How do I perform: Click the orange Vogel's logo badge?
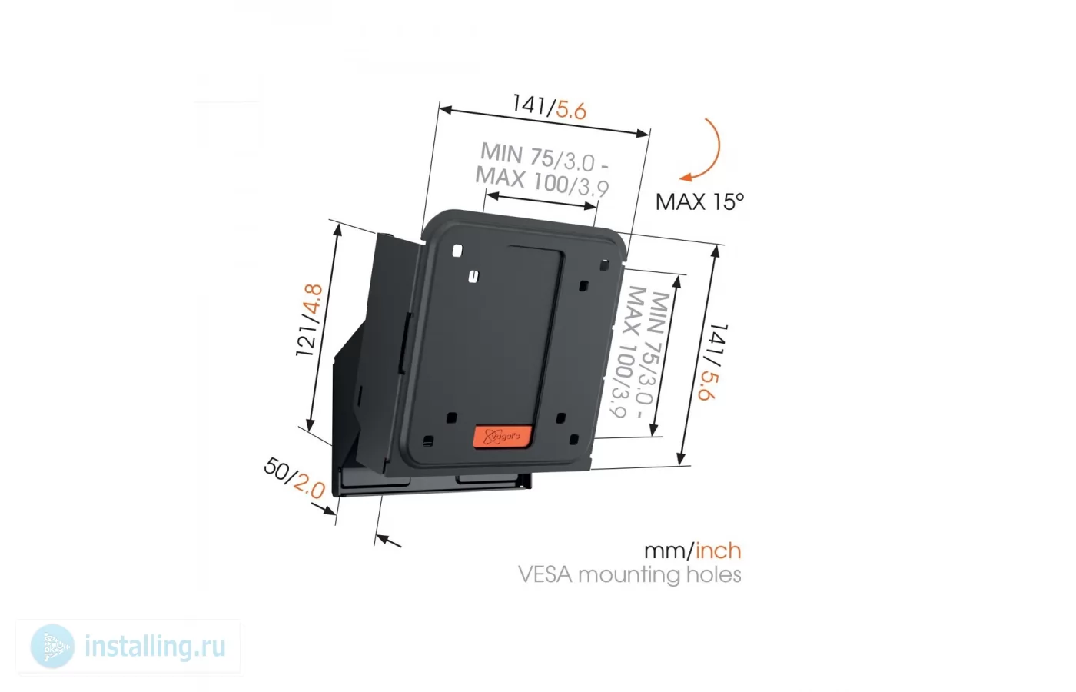(x=503, y=437)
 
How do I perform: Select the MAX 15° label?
(x=700, y=201)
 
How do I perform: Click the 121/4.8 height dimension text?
(x=309, y=321)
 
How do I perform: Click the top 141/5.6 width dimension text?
(x=550, y=107)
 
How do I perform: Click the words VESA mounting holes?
(x=629, y=575)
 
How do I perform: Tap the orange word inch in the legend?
(x=719, y=551)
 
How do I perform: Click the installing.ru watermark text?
(x=155, y=647)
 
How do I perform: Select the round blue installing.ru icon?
(x=52, y=647)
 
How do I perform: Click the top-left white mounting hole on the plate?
(x=457, y=251)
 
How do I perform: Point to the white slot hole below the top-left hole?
(x=473, y=276)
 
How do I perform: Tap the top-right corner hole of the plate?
(x=604, y=264)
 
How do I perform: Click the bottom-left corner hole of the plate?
(x=429, y=441)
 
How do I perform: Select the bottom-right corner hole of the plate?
(x=573, y=440)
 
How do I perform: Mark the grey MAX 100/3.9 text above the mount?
(x=543, y=182)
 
